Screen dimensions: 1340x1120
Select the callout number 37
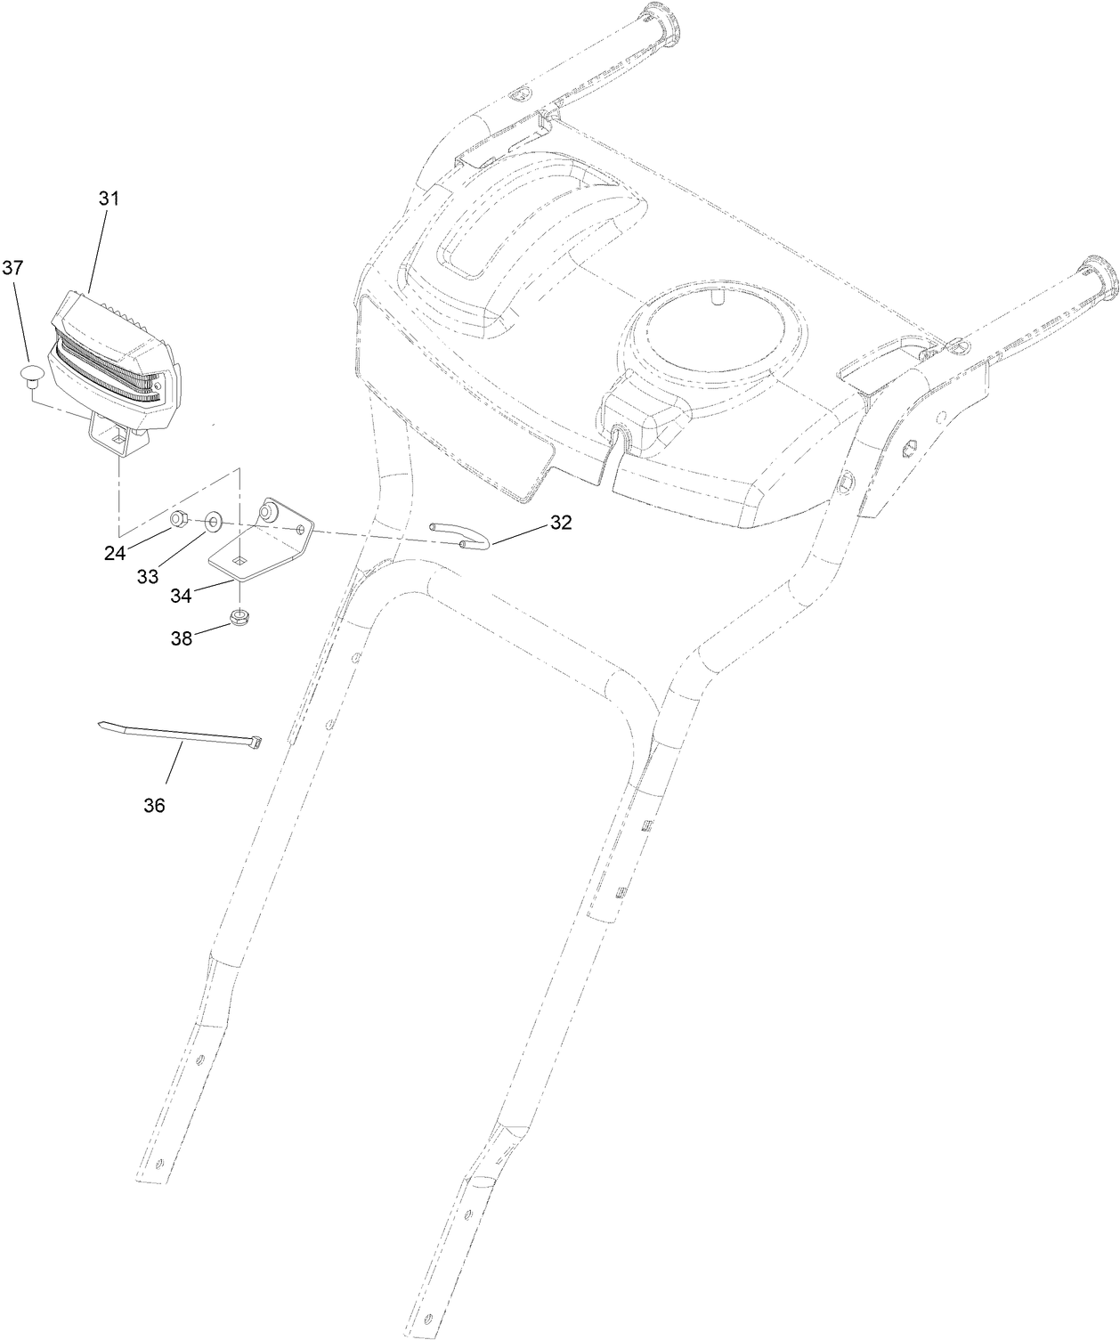point(13,267)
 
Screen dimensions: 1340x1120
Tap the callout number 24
point(114,553)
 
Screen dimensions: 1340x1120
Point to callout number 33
point(148,576)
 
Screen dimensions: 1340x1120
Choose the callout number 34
point(181,595)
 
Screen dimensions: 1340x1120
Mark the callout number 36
point(154,805)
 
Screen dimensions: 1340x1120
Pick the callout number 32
point(560,523)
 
